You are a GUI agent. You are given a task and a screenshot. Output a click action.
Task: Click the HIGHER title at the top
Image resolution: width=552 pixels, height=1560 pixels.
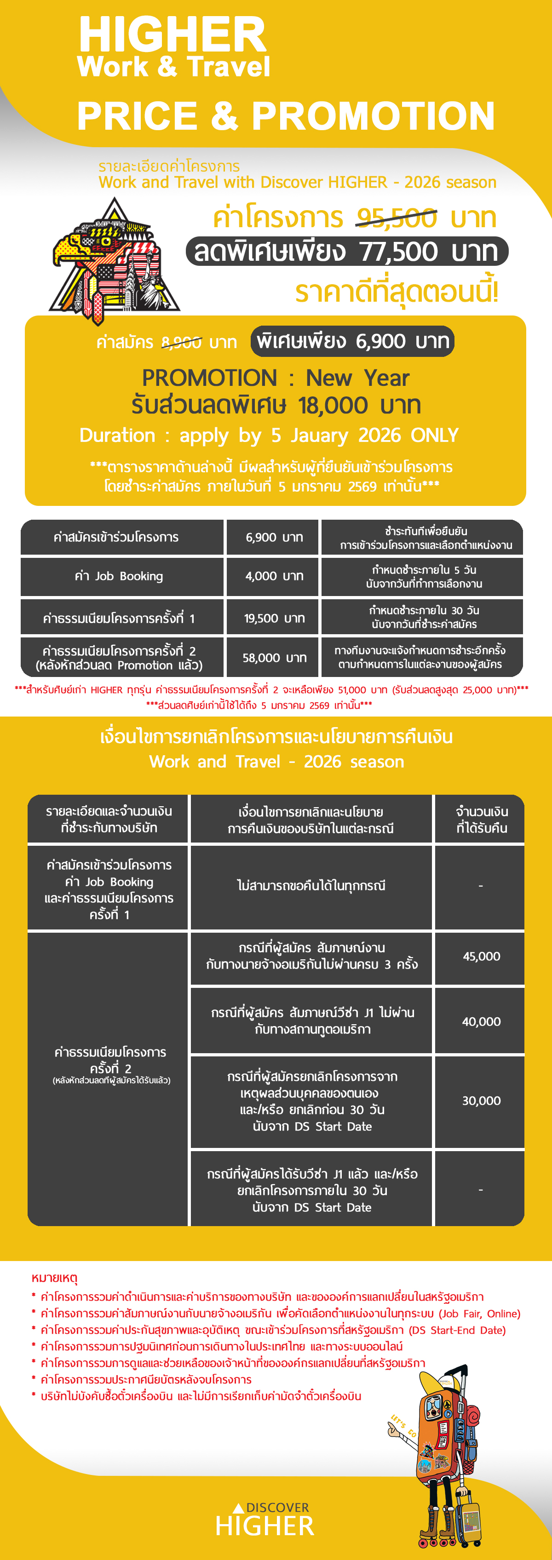click(x=172, y=35)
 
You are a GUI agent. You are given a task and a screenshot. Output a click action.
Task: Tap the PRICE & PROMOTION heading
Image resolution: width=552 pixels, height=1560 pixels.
click(x=285, y=116)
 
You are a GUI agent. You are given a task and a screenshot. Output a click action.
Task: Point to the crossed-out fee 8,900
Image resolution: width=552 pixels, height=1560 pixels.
click(x=181, y=343)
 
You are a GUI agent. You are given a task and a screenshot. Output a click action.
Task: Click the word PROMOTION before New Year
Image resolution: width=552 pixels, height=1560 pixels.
click(x=209, y=378)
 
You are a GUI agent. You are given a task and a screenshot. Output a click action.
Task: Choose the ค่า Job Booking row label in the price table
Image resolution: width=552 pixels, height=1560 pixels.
click(x=119, y=576)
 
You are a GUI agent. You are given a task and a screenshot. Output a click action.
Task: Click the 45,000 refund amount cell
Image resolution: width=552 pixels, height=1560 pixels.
click(x=481, y=956)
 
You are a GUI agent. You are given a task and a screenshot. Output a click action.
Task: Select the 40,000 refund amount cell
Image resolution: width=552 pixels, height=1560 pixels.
click(x=481, y=1021)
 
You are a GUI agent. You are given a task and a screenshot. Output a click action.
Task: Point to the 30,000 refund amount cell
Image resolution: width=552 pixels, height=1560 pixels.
click(x=481, y=1101)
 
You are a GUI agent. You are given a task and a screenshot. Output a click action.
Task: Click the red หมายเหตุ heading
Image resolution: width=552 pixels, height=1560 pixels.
click(x=55, y=1278)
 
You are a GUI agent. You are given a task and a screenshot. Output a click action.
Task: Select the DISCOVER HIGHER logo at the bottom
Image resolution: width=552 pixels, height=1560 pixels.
click(x=265, y=1520)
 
